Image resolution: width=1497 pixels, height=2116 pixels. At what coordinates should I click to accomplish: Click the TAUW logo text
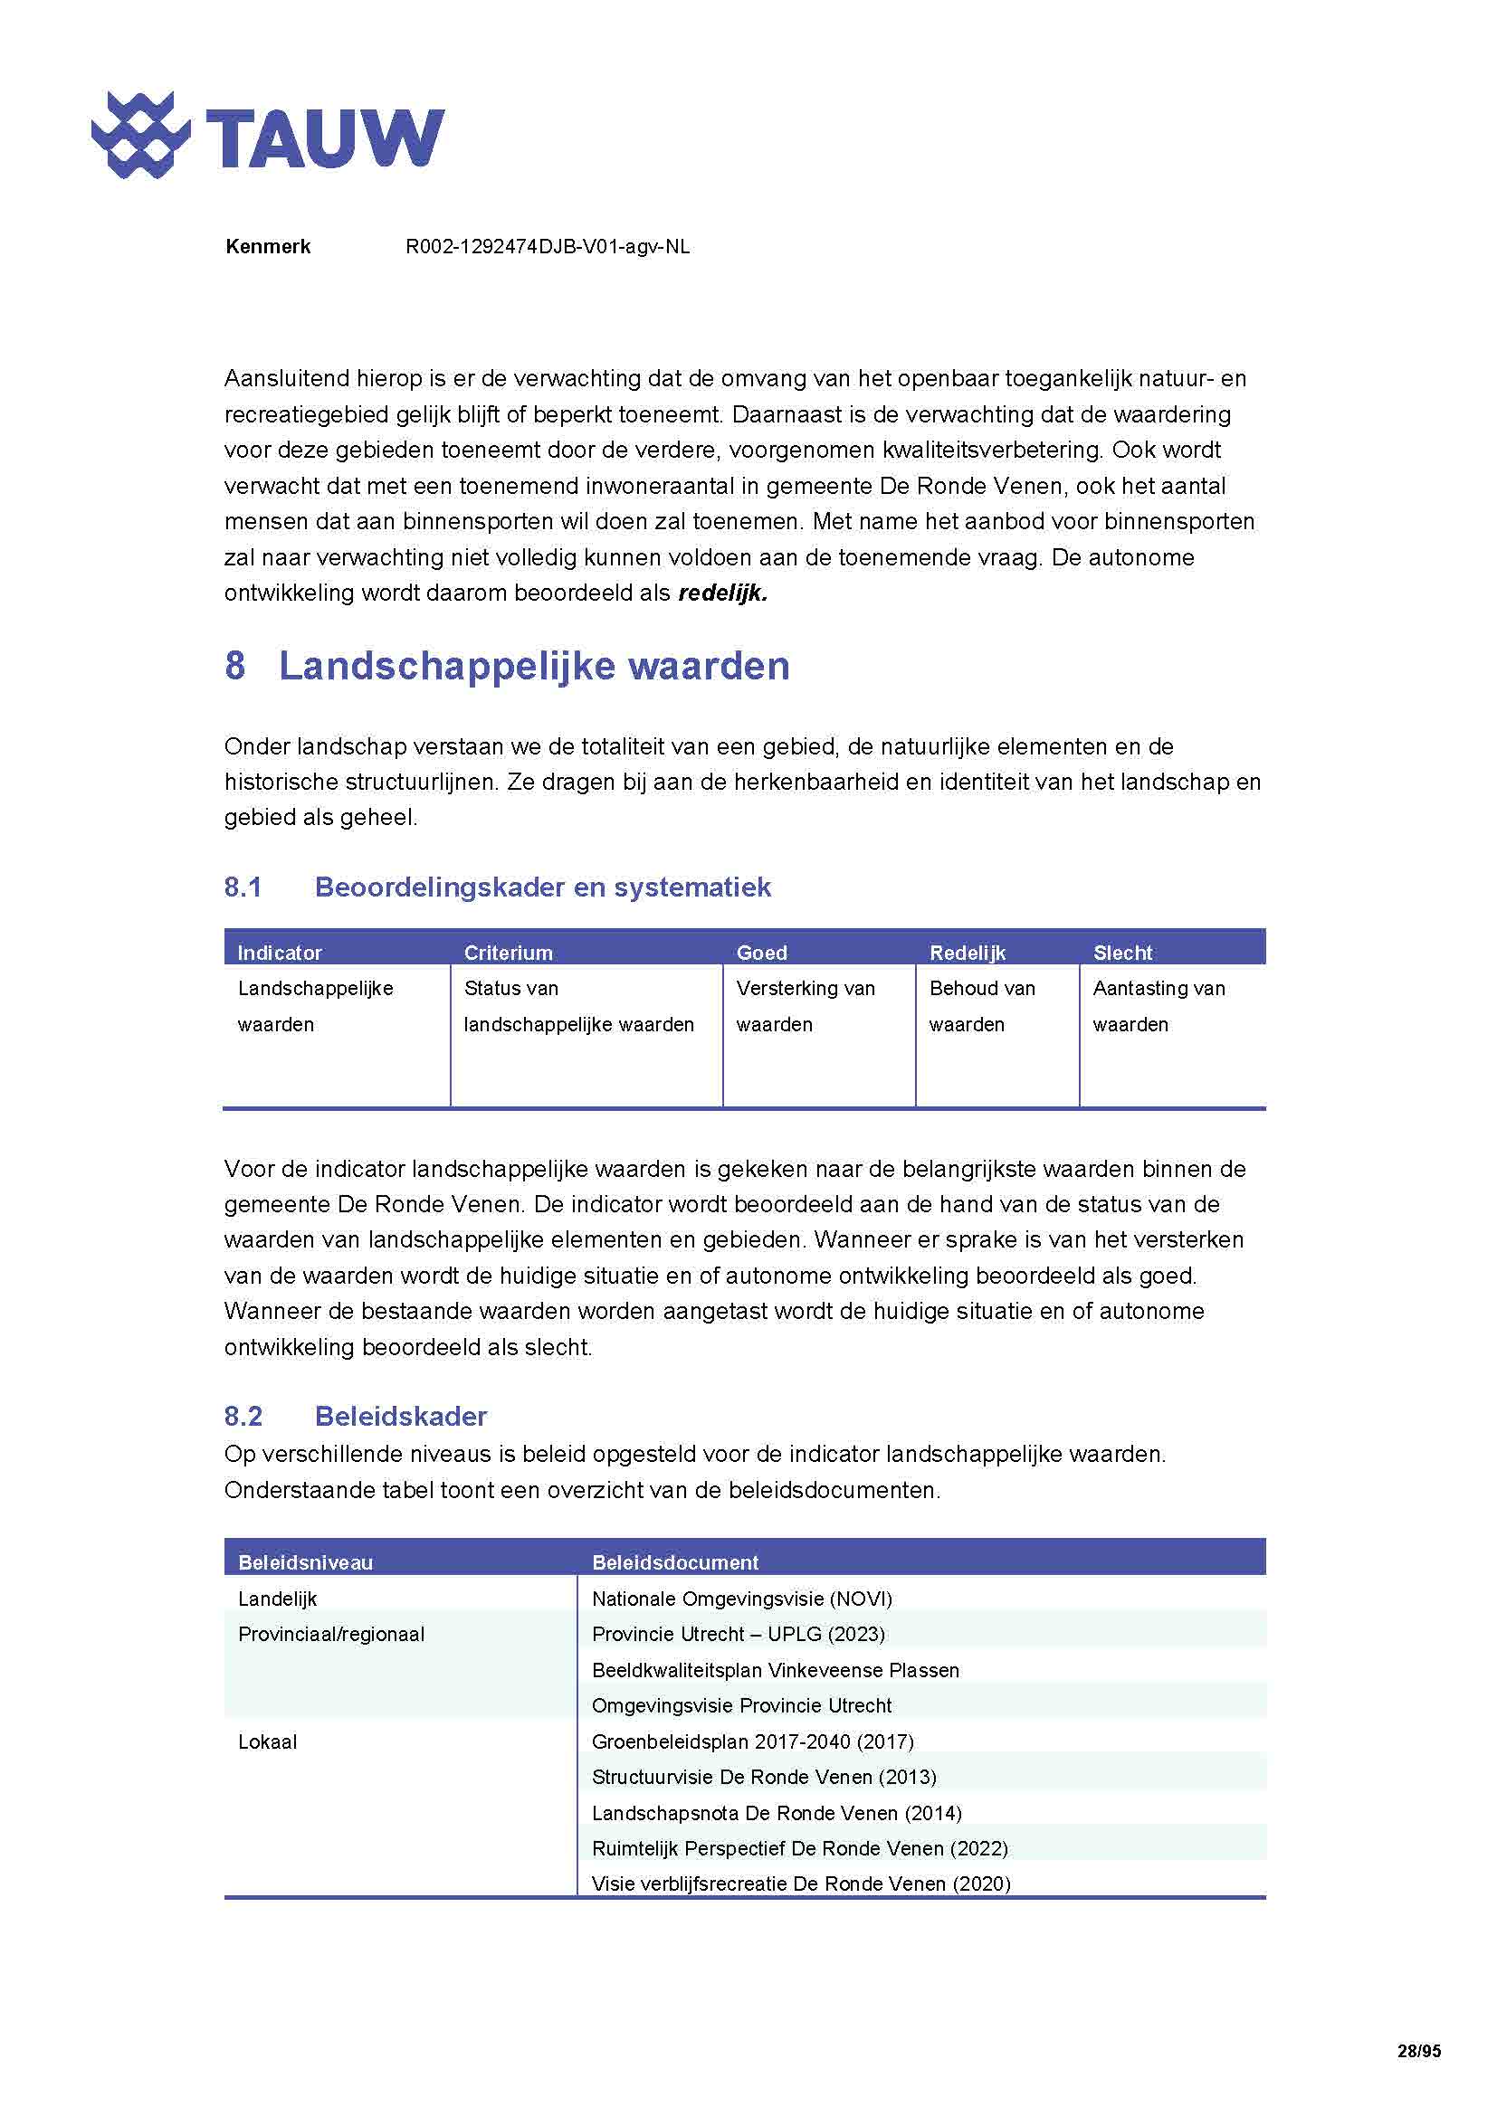pyautogui.click(x=325, y=138)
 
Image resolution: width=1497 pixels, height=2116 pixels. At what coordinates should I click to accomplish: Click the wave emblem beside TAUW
pyautogui.click(x=140, y=136)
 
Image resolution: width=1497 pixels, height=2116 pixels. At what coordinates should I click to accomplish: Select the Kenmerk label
pyautogui.click(x=267, y=247)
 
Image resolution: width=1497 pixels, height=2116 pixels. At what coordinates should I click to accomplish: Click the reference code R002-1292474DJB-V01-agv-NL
pyautogui.click(x=547, y=247)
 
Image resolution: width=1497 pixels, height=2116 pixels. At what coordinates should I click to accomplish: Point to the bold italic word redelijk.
pyautogui.click(x=722, y=593)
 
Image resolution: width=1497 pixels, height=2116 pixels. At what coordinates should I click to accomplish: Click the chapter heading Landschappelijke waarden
pyautogui.click(x=534, y=667)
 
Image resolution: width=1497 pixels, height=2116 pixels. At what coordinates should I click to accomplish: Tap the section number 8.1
pyautogui.click(x=243, y=887)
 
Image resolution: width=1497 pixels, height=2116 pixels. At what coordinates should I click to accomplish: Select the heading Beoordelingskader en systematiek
pyautogui.click(x=542, y=887)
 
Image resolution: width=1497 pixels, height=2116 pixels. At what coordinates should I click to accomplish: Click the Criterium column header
pyautogui.click(x=508, y=952)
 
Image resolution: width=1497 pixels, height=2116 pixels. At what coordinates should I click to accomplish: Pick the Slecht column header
pyautogui.click(x=1121, y=952)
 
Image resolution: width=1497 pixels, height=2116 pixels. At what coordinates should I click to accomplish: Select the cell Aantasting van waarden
pyautogui.click(x=1158, y=1005)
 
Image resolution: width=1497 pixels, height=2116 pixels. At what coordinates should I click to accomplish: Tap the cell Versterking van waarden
pyautogui.click(x=805, y=1005)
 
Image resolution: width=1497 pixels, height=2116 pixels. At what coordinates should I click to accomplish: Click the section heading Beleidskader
pyautogui.click(x=400, y=1416)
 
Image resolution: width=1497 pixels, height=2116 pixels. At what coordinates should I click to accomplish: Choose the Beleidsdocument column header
pyautogui.click(x=675, y=1562)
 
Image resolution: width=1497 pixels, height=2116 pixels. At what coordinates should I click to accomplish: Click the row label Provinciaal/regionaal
pyautogui.click(x=331, y=1634)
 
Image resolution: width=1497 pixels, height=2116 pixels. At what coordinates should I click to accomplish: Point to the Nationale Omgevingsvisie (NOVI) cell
pyautogui.click(x=741, y=1599)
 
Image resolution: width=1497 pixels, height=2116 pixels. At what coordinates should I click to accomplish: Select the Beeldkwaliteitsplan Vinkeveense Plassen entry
pyautogui.click(x=776, y=1670)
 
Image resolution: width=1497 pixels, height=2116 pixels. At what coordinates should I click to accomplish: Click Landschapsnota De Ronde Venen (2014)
pyautogui.click(x=777, y=1813)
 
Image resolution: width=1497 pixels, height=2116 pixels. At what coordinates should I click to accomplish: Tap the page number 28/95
pyautogui.click(x=1417, y=2051)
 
